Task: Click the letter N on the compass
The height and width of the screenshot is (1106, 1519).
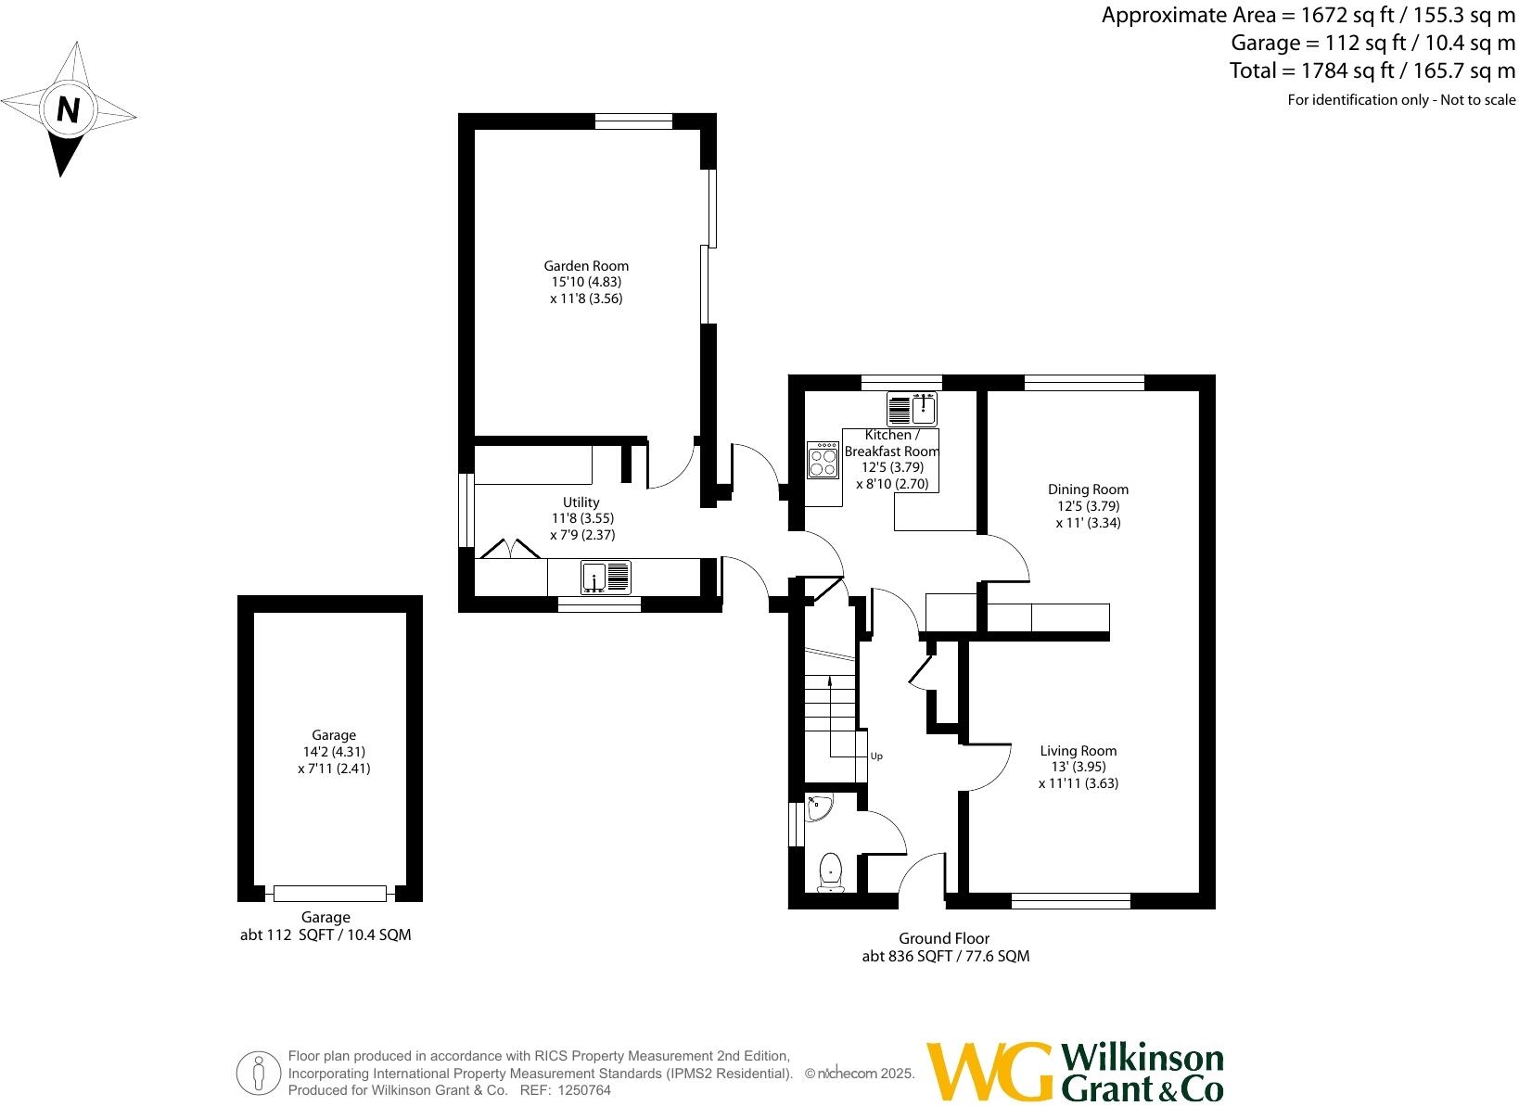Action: [67, 110]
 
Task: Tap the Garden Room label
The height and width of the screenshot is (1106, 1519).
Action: [586, 266]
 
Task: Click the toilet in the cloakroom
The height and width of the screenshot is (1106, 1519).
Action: [830, 872]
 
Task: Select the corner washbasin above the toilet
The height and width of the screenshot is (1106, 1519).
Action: [820, 809]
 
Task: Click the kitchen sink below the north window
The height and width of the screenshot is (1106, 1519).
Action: [912, 408]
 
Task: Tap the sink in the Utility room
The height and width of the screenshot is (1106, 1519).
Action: [606, 577]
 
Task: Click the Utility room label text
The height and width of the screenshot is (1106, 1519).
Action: [581, 502]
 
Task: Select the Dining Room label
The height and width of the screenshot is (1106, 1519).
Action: [1088, 489]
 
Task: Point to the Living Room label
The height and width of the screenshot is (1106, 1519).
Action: [1078, 751]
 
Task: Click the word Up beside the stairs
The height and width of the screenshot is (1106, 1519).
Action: [876, 756]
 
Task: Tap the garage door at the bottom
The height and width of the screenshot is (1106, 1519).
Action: [329, 894]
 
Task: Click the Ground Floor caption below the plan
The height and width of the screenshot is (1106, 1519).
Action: [944, 939]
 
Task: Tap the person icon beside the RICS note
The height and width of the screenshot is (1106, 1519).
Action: [260, 1074]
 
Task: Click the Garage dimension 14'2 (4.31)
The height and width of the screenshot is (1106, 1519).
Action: [334, 752]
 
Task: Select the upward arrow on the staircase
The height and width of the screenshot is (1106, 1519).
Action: [829, 681]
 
